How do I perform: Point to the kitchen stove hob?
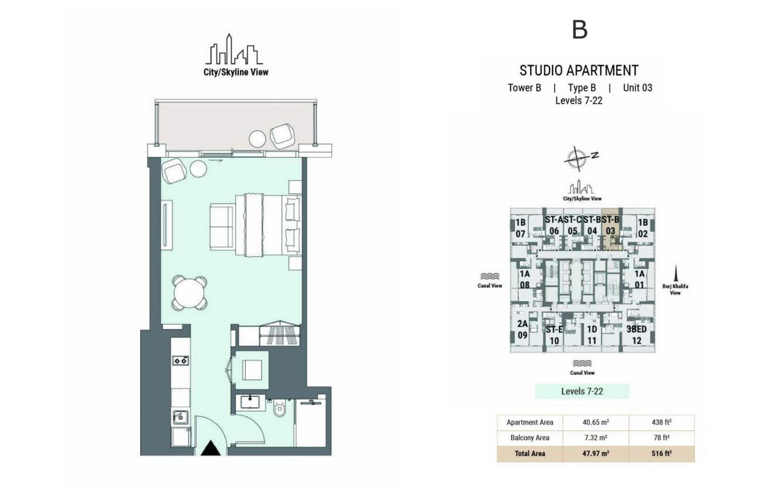180,361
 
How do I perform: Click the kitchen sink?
180,418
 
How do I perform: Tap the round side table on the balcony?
258,139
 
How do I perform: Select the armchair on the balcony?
283,135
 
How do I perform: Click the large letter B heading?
580,29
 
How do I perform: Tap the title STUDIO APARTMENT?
579,70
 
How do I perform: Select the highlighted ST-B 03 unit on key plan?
611,230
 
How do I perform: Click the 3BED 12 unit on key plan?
637,335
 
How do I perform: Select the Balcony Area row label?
530,438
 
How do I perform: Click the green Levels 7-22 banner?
582,391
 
